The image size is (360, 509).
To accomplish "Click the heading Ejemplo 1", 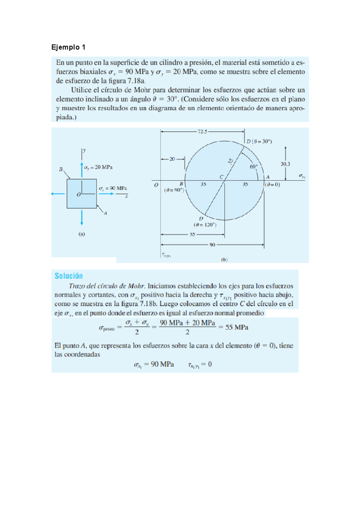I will [x=68, y=47].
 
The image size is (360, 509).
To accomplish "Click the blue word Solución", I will [x=69, y=276].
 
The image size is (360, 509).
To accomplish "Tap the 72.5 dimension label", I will [x=202, y=131].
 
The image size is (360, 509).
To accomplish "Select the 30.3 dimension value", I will [x=285, y=164].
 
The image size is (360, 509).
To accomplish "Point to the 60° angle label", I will [x=254, y=166].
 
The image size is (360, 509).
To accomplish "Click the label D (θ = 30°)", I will [x=259, y=141].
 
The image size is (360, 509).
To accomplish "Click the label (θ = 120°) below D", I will [x=205, y=225].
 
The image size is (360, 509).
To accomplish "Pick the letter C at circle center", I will [x=221, y=177].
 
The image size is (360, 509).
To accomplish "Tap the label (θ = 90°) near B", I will [x=174, y=190].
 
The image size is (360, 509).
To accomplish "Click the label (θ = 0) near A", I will [x=272, y=185].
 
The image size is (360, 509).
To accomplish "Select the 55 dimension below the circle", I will [x=192, y=234].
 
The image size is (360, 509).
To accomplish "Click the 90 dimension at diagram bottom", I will [x=212, y=245].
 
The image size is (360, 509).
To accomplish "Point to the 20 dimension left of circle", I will [x=172, y=159].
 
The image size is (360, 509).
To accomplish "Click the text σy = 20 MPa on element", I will [x=98, y=167].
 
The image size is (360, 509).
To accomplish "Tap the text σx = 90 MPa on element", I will [x=113, y=188].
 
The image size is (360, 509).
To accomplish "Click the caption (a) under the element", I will [x=82, y=234].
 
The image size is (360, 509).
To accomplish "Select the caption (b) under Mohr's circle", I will [x=224, y=260].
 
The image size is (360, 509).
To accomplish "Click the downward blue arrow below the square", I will [x=82, y=218].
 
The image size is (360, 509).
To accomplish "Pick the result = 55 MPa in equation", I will [x=233, y=327].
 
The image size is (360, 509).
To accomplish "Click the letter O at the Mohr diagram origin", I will [x=156, y=185].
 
